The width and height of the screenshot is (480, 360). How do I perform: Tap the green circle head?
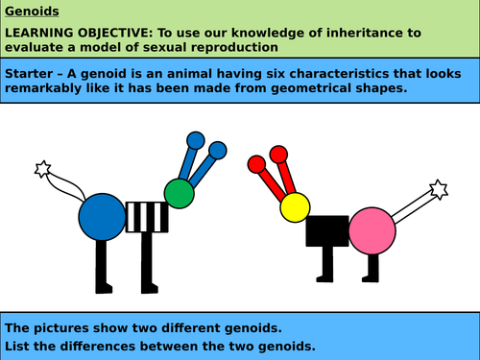179,193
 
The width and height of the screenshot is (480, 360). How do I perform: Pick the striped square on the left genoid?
149,215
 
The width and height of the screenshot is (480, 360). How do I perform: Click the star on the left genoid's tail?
42,170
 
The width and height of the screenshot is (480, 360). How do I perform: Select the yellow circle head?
295,205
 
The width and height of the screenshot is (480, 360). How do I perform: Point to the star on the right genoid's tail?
439,188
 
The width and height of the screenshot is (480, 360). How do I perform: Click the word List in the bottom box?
19,345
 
